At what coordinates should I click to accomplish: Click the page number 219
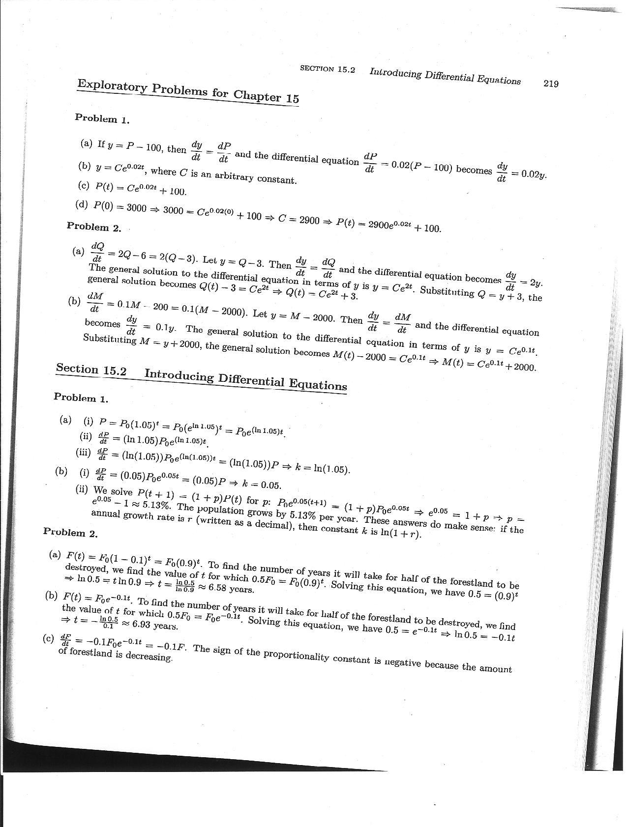(551, 84)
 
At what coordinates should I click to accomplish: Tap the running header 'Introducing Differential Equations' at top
(445, 76)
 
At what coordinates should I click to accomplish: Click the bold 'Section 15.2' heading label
(91, 369)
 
